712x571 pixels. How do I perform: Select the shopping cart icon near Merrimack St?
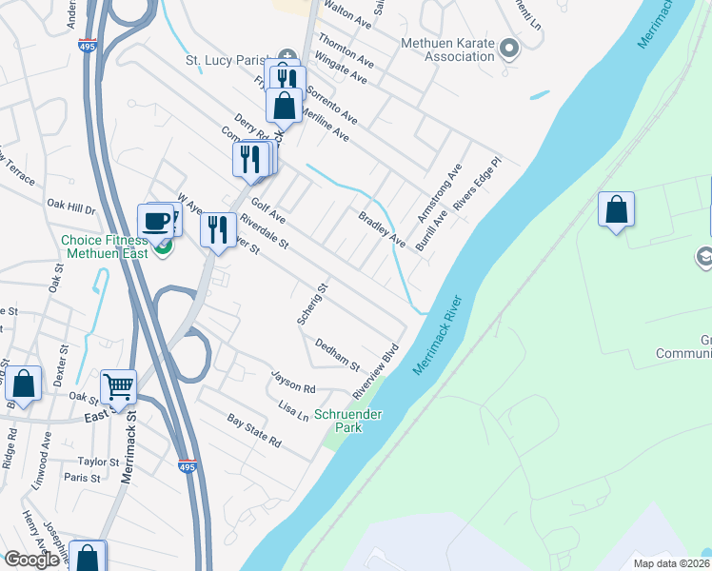(119, 387)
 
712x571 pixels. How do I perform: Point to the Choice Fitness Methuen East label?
(104, 247)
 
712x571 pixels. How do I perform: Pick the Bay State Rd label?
(254, 430)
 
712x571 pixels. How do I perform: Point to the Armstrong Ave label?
(439, 193)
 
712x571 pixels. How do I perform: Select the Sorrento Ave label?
(331, 106)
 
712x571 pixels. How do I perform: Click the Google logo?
(30, 559)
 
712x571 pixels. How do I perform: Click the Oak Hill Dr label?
(71, 207)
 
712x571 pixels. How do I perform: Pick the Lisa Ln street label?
(293, 410)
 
